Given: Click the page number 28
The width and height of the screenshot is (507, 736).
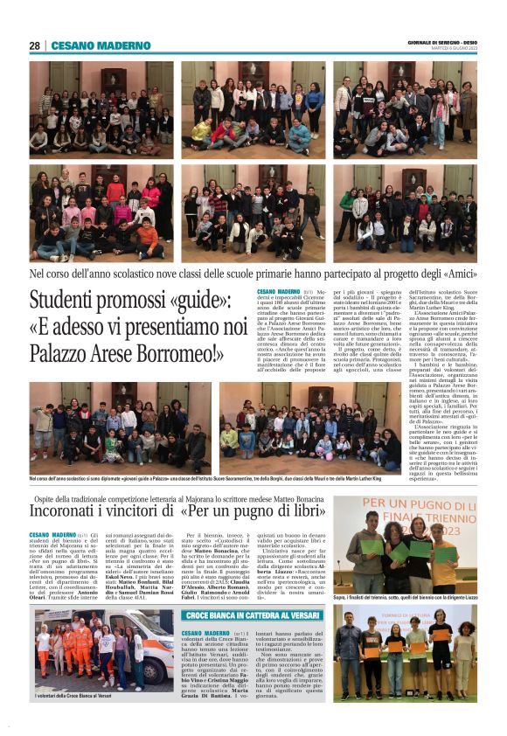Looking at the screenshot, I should pos(34,45).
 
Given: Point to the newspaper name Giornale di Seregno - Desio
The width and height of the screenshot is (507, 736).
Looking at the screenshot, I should pos(441,41).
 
